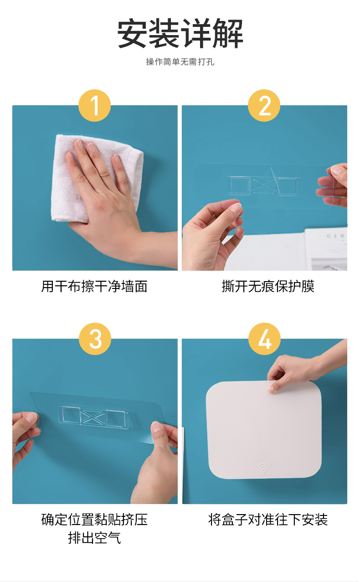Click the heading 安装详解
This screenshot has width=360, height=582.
pos(180,34)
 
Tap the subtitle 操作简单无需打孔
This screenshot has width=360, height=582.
pos(180,62)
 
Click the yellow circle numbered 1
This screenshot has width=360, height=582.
pos(94,105)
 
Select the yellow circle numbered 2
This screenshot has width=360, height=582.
pos(264,105)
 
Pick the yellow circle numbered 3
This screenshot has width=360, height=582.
pos(95,339)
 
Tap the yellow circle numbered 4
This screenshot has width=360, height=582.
pos(265,339)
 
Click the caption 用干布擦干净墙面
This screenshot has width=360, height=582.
pos(94,286)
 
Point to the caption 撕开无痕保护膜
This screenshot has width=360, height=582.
pos(268,286)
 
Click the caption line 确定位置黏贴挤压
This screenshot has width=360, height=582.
pos(94,520)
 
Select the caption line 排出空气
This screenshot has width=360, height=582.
pos(94,538)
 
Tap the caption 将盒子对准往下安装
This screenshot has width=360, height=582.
pos(268,520)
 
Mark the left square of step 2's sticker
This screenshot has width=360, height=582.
pos(239,185)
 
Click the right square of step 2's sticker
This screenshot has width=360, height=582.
pos(288,186)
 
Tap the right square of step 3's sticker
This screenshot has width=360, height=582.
pos(117,419)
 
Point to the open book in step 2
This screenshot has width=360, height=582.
pos(326,249)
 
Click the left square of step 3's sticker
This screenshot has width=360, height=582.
pos(69,415)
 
